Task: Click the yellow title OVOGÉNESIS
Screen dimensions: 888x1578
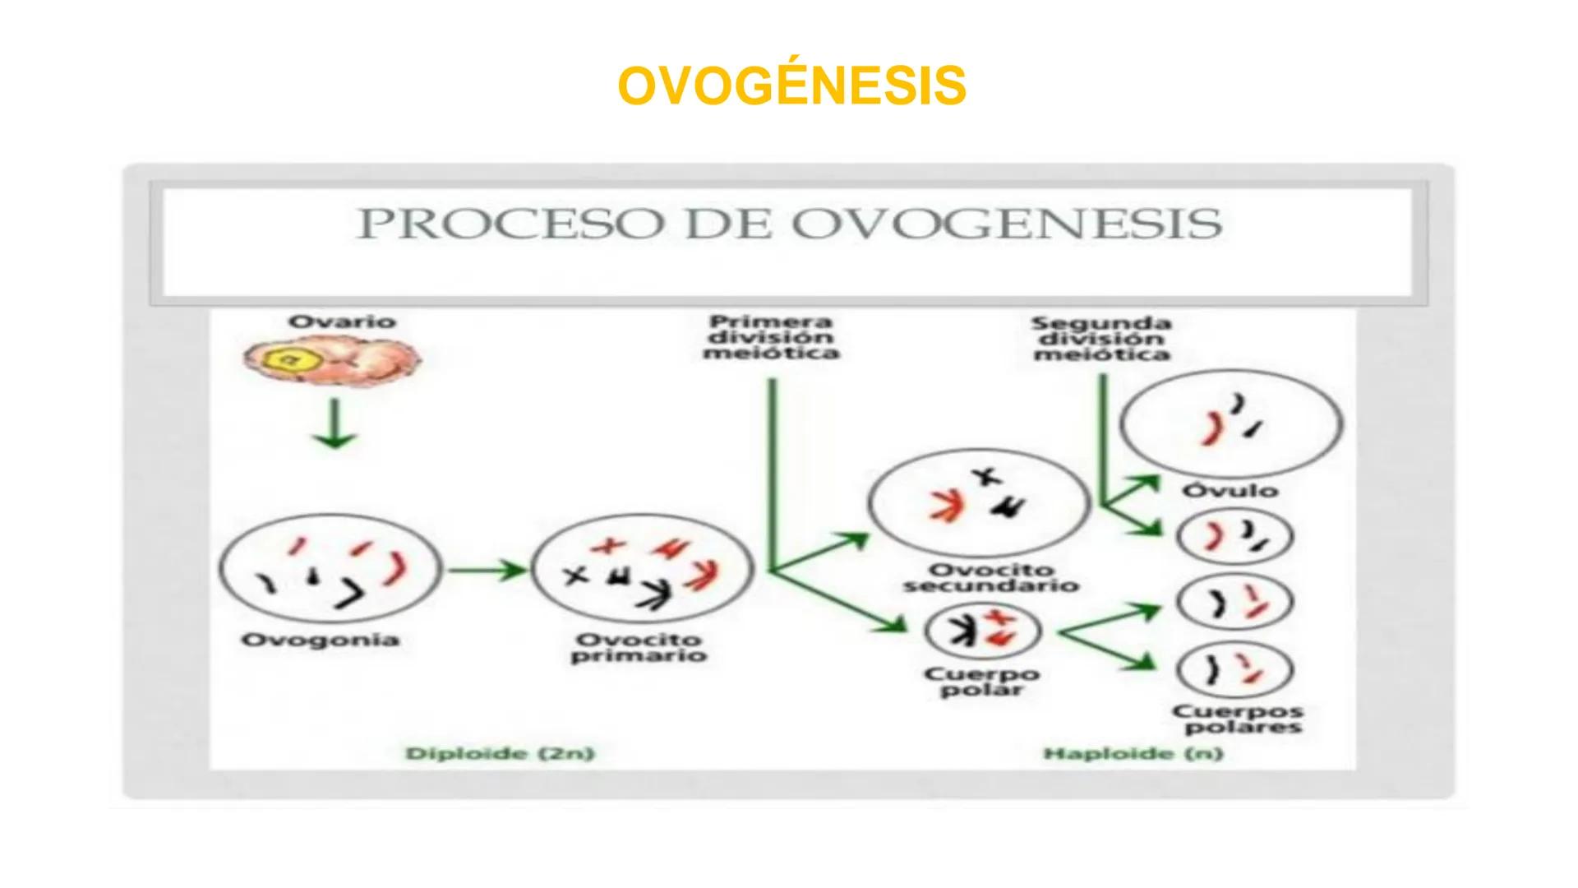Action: [x=791, y=86]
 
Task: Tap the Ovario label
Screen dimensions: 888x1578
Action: [x=341, y=321]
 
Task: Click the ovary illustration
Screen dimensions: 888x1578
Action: [x=331, y=360]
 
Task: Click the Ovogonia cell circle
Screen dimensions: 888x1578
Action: [x=330, y=569]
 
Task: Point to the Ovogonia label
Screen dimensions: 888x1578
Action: [x=320, y=640]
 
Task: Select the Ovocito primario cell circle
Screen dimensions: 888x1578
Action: [x=642, y=570]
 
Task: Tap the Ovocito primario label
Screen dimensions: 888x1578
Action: [x=639, y=648]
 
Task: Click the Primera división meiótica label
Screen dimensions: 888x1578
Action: [x=770, y=337]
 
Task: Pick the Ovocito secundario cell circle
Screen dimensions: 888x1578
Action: [x=979, y=502]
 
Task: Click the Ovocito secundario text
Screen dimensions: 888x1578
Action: [x=990, y=577]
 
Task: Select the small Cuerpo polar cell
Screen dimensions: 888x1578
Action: [x=982, y=631]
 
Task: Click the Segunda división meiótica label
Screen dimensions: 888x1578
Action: [x=1101, y=339]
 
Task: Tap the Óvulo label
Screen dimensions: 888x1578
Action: [x=1230, y=491]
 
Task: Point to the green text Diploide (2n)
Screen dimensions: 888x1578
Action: [x=500, y=753]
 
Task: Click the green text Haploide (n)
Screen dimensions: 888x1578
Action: [x=1133, y=753]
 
